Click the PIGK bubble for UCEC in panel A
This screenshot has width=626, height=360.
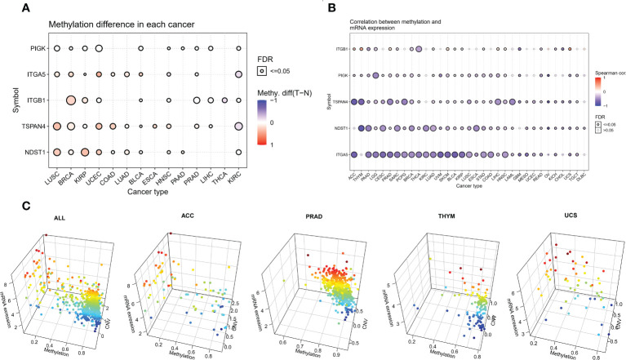coord(99,49)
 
